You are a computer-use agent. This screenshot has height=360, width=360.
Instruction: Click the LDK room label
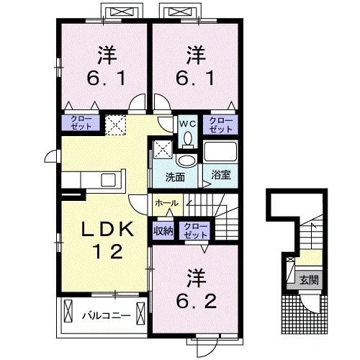[x=107, y=229]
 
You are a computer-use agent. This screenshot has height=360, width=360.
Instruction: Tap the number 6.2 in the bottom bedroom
[x=197, y=301]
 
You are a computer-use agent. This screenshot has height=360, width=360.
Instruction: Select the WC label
[x=188, y=124]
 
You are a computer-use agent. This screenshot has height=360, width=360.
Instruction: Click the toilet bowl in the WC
[x=188, y=139]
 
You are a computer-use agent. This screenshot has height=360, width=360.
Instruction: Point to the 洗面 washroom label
[x=175, y=177]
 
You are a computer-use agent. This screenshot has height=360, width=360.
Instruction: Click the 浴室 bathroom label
[x=221, y=175]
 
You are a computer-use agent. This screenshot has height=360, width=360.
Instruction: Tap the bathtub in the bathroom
[x=220, y=152]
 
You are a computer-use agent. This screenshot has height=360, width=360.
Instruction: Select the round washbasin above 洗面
[x=186, y=161]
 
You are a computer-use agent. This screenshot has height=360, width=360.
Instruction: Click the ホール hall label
[x=167, y=203]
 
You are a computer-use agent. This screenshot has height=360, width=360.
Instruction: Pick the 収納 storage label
[x=163, y=231]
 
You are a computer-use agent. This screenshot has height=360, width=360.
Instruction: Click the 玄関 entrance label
[x=310, y=280]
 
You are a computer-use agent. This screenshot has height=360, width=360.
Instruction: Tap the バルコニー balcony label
[x=107, y=315]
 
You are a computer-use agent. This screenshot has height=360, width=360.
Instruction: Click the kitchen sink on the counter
[x=108, y=180]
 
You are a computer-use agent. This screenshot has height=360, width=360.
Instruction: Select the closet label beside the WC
[x=221, y=125]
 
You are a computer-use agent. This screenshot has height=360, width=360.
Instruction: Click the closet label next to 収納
[x=195, y=230]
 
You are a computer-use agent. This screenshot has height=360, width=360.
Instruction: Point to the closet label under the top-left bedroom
[x=81, y=122]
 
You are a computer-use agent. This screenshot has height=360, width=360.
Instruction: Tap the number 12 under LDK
[x=108, y=251]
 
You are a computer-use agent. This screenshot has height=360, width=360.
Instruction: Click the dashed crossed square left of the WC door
[x=116, y=125]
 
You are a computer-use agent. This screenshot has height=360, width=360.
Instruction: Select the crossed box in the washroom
[x=163, y=150]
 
